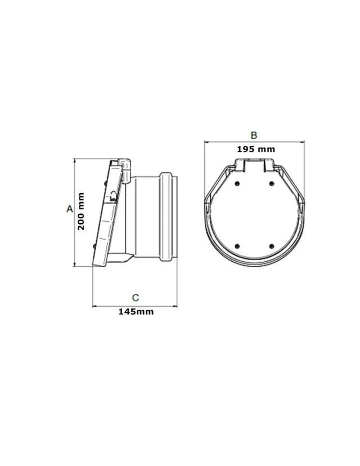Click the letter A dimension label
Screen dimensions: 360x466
point(69,209)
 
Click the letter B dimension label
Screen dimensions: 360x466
point(254,135)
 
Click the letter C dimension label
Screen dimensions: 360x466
point(136,298)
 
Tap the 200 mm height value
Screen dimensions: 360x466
point(81,211)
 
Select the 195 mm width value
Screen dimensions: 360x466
point(256,149)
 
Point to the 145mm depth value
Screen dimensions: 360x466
point(136,311)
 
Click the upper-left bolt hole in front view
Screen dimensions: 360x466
point(237,183)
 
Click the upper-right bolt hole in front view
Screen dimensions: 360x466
point(271,183)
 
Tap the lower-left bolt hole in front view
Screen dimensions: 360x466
point(237,246)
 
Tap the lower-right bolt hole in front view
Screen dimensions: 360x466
point(271,246)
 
